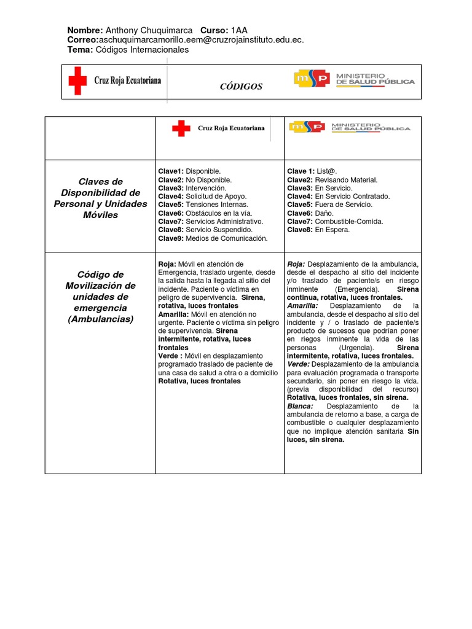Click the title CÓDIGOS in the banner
(241, 87)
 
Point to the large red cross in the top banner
(77, 81)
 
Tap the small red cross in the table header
(181, 128)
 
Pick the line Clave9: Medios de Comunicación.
(213, 238)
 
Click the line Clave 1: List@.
(313, 171)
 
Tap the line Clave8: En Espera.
(318, 230)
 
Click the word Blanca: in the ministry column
(301, 406)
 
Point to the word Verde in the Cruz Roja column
(168, 356)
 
